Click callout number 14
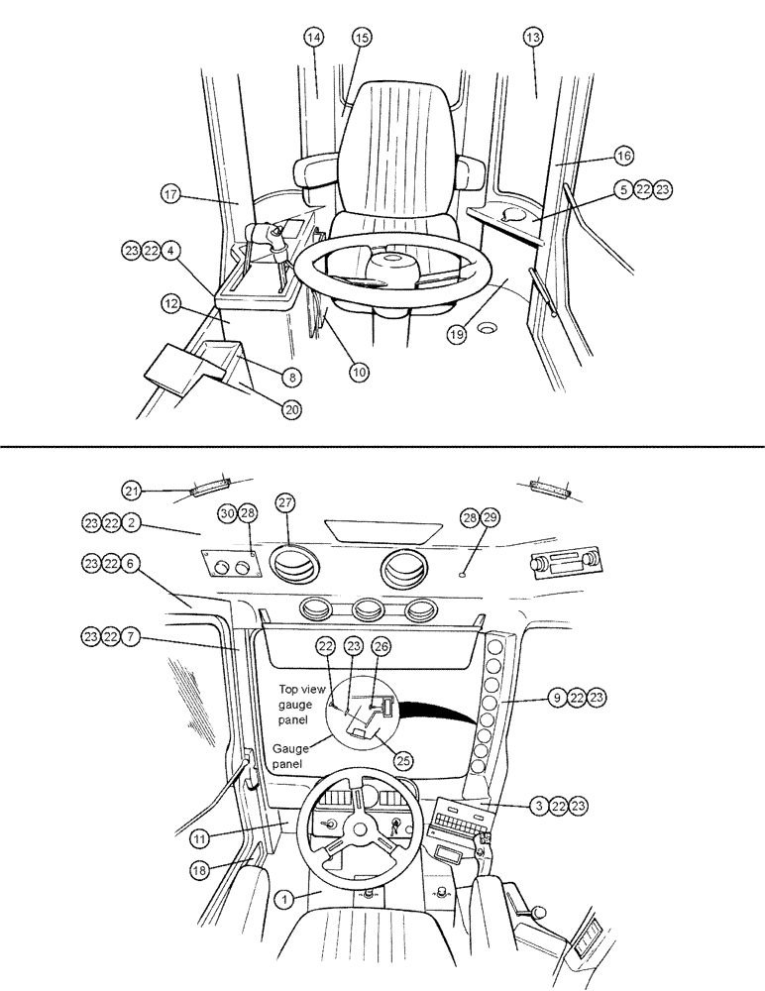314,37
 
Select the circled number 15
361,37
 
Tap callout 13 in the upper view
533,37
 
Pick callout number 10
358,372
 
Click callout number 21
132,490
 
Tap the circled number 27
284,503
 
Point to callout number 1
283,900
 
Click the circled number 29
492,517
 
